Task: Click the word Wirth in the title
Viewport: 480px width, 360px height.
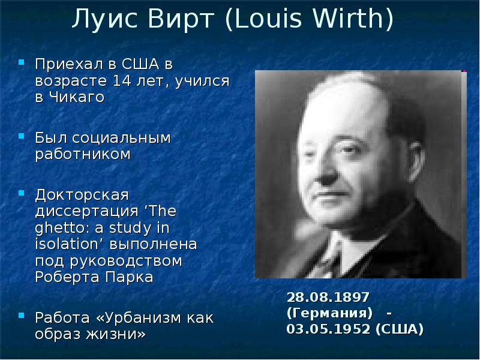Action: pos(354,20)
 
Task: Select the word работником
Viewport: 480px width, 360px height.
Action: pos(82,155)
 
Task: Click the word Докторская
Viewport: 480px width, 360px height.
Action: pos(82,196)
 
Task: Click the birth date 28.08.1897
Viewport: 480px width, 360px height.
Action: pos(328,298)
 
